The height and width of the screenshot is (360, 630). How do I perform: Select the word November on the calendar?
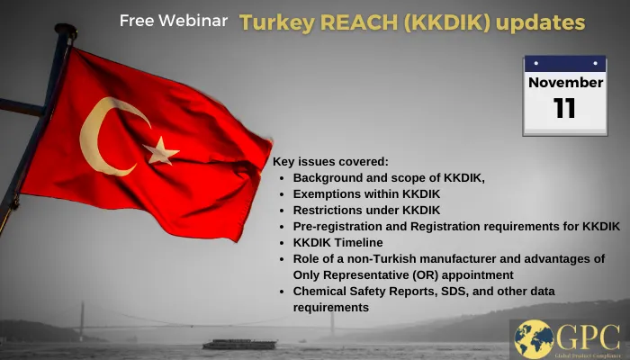tap(565, 83)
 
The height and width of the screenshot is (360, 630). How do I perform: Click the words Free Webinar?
tap(174, 21)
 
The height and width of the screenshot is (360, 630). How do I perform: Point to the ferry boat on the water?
tap(233, 344)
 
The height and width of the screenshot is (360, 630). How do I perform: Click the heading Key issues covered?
tap(330, 162)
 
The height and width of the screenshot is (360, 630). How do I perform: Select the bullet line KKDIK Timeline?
tap(337, 243)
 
